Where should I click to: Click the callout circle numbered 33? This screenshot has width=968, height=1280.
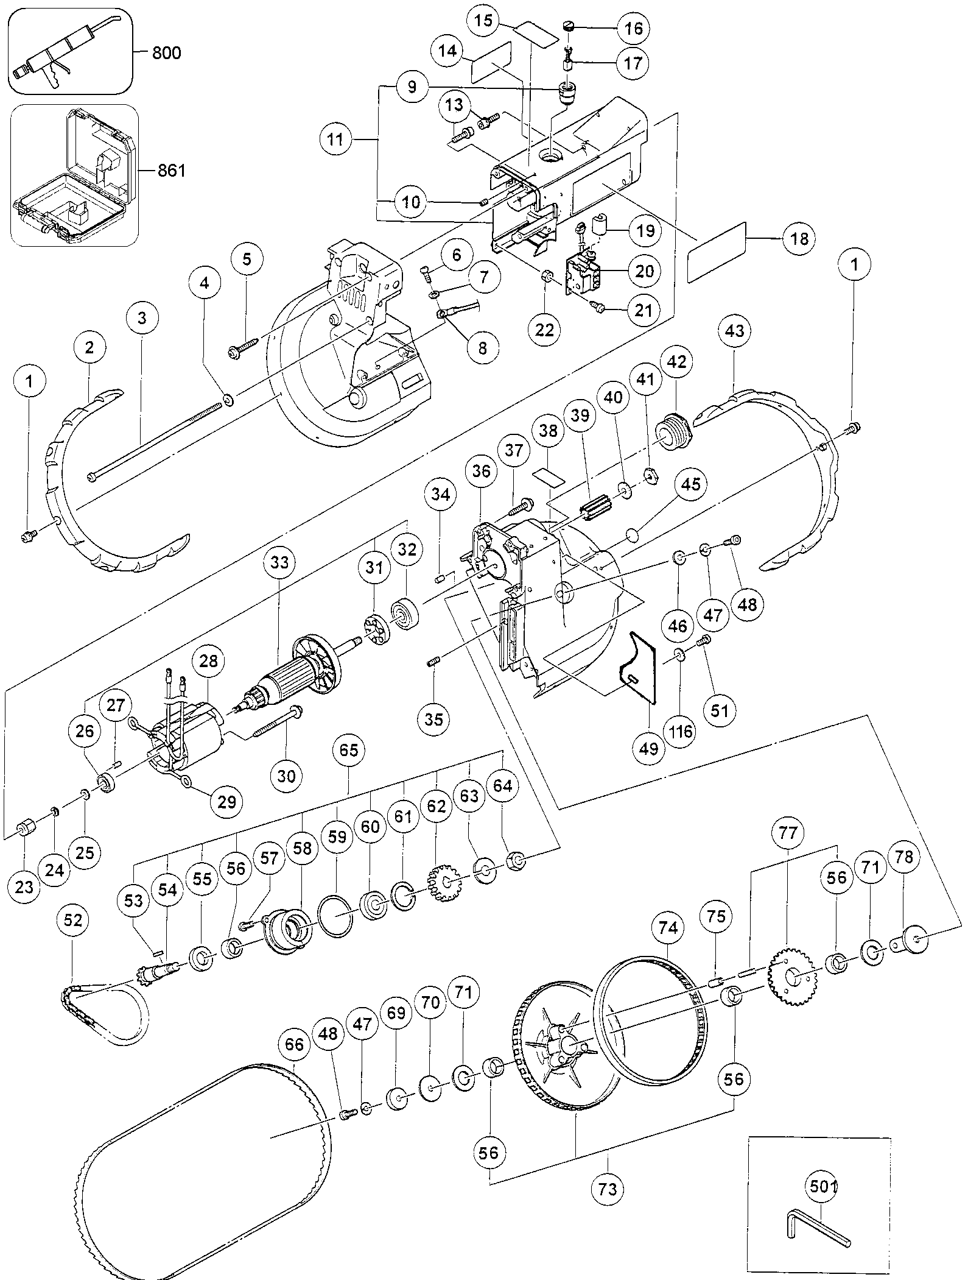point(279,562)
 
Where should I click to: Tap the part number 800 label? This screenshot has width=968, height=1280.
point(166,53)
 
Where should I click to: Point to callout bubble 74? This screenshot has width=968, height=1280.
point(668,928)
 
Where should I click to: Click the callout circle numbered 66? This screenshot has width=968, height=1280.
point(293,1045)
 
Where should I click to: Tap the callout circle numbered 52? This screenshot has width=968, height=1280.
point(72,921)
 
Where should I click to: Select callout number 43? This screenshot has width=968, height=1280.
point(735,331)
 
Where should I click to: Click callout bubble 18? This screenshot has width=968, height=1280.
point(799,238)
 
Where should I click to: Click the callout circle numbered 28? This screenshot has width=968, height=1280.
point(208,662)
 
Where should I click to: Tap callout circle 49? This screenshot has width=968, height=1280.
point(649,748)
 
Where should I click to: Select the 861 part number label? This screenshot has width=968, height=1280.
point(171,171)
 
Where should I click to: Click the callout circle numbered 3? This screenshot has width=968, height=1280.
point(142,318)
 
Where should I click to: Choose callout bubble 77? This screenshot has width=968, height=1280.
point(788,833)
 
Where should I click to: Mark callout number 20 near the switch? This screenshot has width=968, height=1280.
point(644,270)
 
